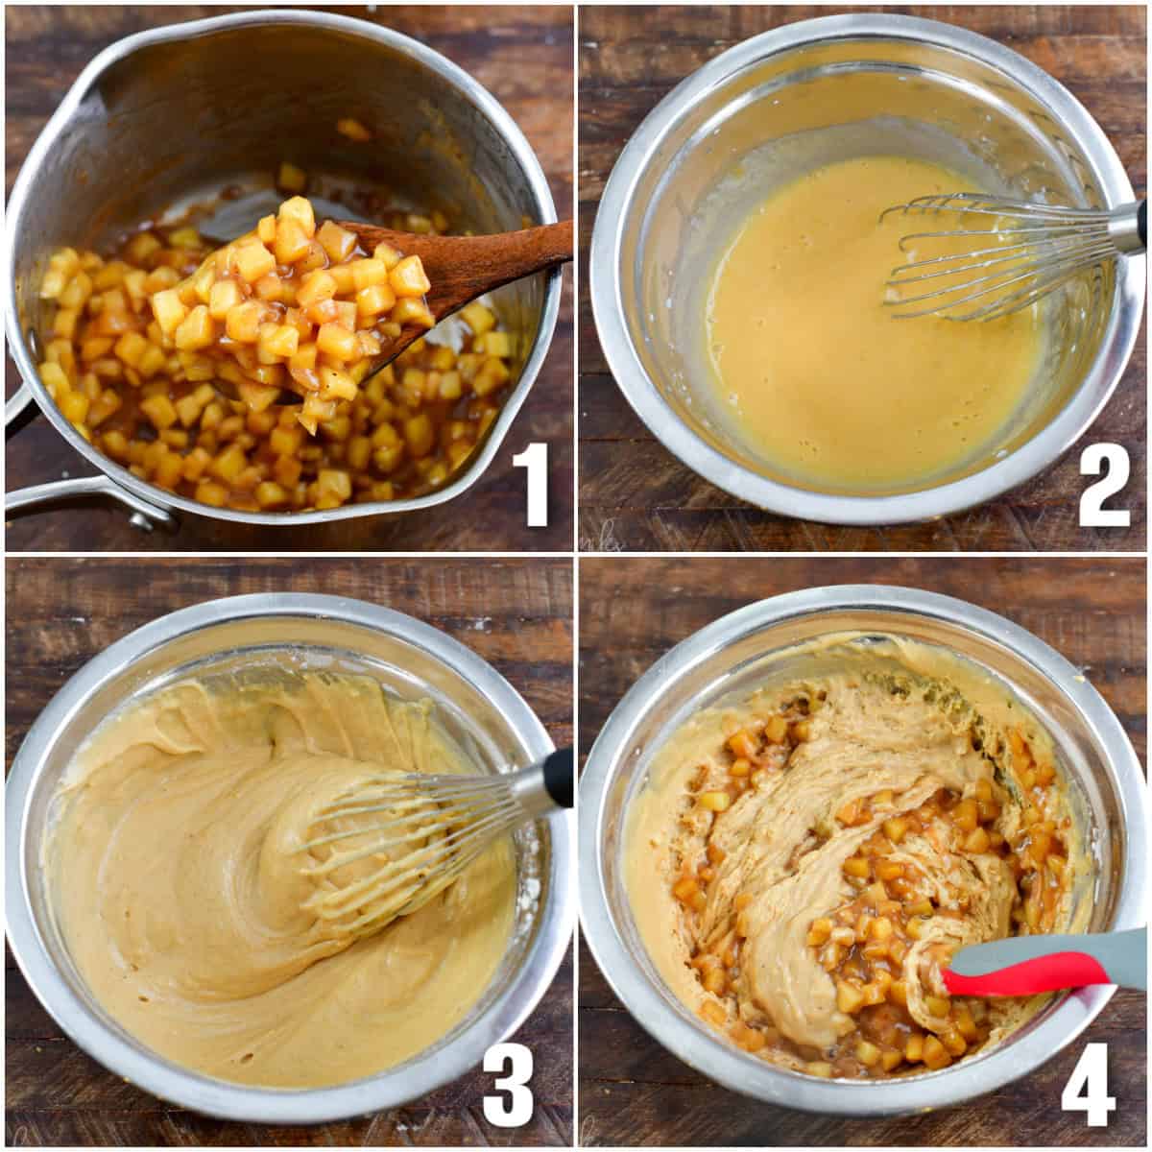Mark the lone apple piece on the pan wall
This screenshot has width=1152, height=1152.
coord(353,130)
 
